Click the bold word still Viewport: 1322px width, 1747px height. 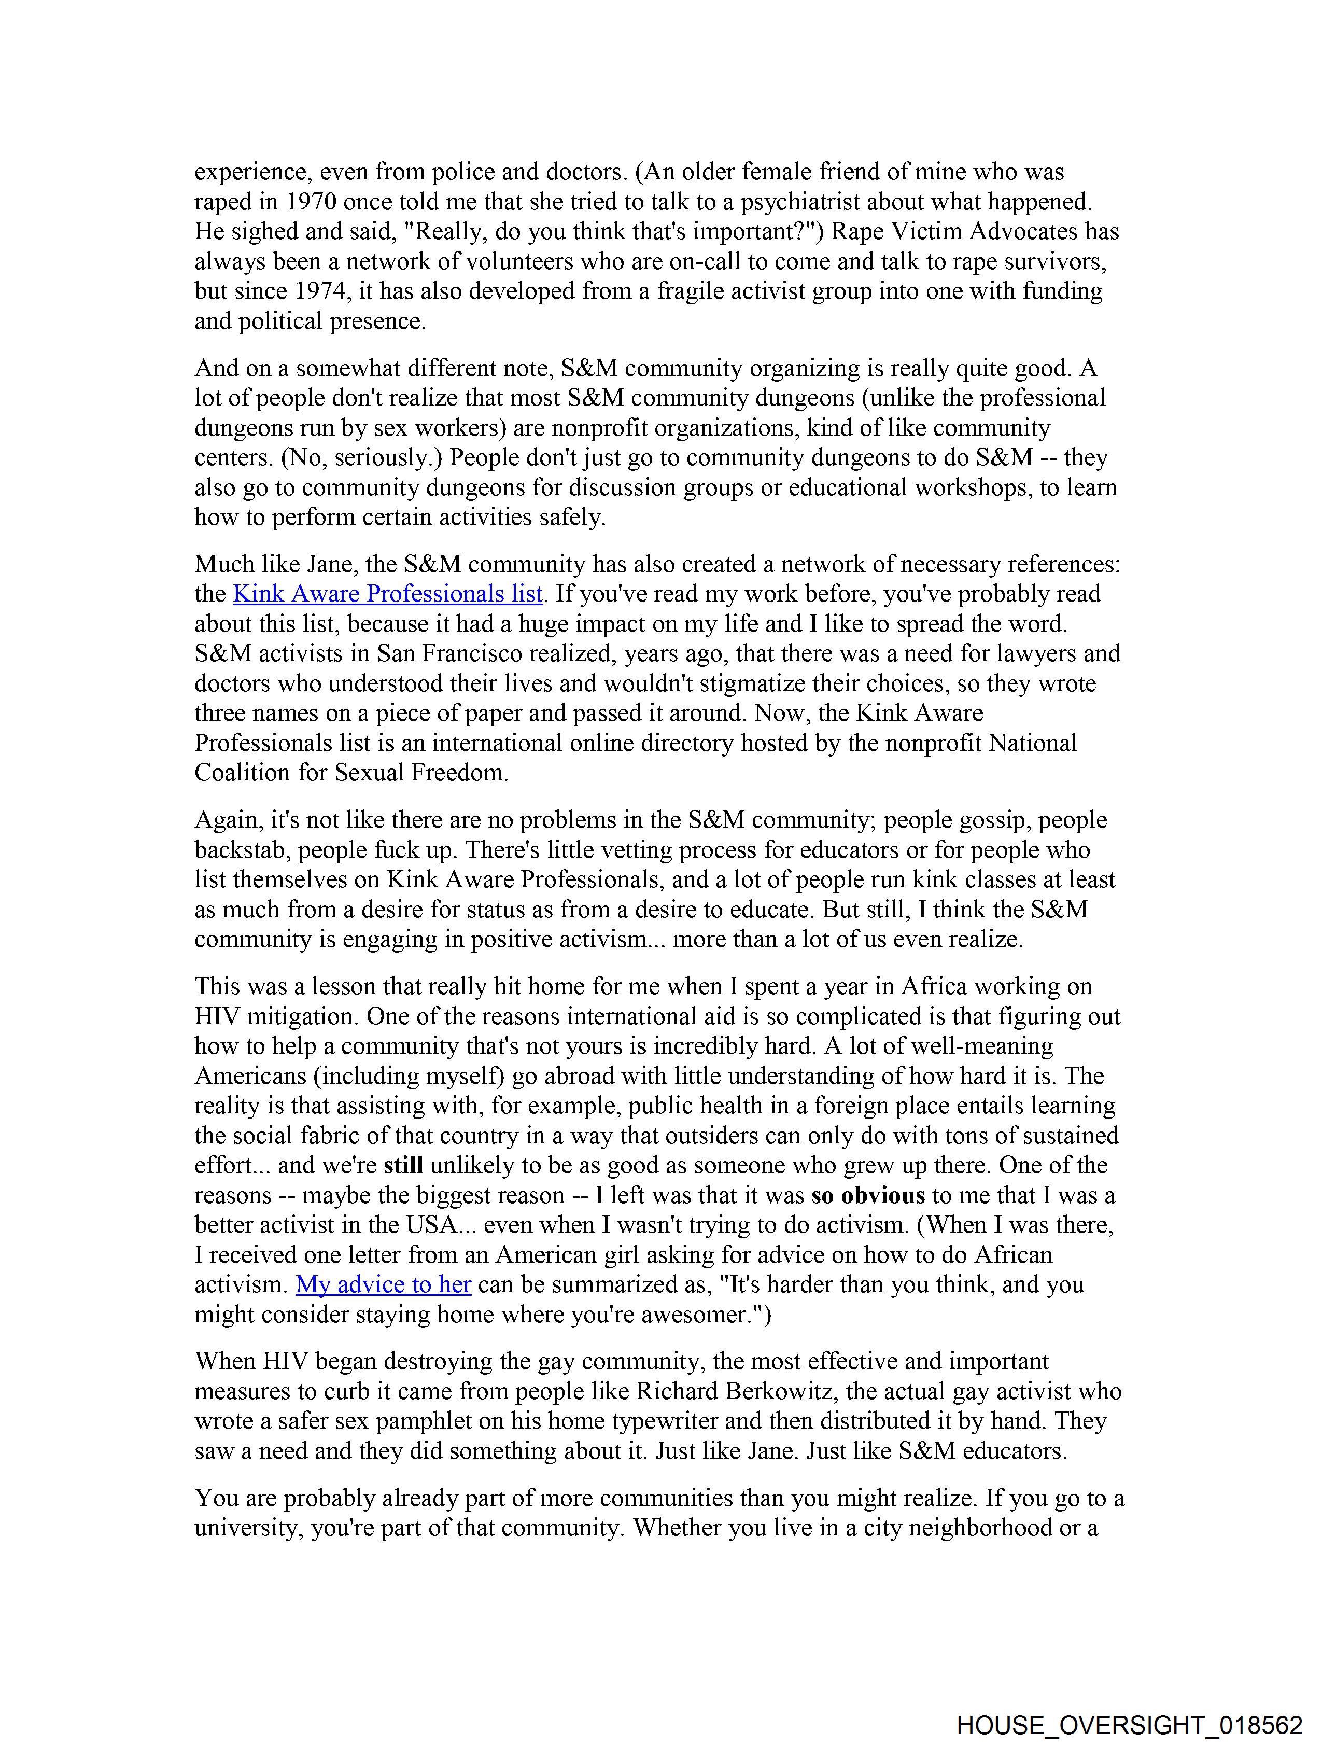[x=403, y=1165]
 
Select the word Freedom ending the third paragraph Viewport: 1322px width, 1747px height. [x=460, y=773]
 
